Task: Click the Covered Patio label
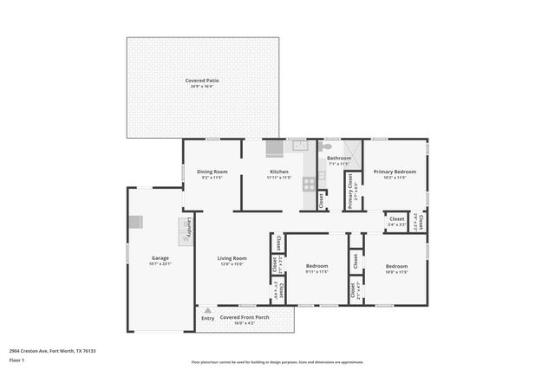[x=201, y=81]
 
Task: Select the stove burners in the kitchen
[x=307, y=184]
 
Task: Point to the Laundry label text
[x=189, y=227]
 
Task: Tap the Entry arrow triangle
[x=207, y=310]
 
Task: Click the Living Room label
[x=232, y=257]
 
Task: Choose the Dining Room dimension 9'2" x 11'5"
[x=212, y=178]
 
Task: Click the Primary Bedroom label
[x=395, y=172]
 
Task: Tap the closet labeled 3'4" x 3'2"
[x=396, y=221]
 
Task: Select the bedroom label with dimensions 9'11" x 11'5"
[x=317, y=266]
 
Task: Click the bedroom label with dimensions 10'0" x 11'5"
[x=396, y=266]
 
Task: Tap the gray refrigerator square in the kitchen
[x=275, y=148]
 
